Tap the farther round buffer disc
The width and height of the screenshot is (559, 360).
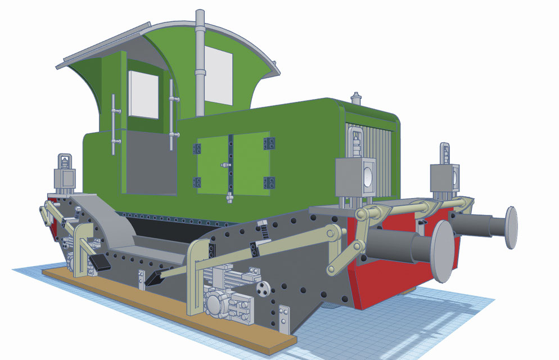(511, 227)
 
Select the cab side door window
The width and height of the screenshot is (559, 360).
(144, 94)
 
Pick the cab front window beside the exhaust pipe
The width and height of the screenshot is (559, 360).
(219, 75)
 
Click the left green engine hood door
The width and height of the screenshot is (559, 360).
(212, 164)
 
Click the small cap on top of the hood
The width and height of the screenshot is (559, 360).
(355, 96)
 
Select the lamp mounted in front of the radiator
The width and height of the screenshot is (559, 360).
(355, 175)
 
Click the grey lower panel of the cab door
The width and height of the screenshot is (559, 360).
(148, 163)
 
